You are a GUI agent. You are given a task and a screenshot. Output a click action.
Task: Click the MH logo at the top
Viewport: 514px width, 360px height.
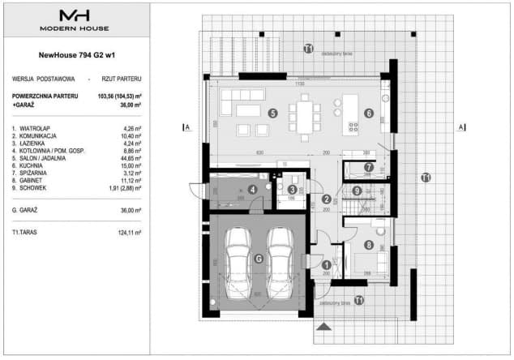(75, 16)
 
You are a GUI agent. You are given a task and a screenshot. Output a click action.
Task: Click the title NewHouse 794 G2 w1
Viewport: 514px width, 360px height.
(75, 56)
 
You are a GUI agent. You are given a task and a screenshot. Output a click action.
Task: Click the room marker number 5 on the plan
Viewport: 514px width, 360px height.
(273, 114)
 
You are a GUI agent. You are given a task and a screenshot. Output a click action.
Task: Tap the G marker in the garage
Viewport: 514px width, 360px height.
(259, 259)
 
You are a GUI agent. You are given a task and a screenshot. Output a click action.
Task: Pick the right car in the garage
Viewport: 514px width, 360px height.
(281, 259)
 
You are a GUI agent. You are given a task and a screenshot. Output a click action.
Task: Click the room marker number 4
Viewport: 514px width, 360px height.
(253, 190)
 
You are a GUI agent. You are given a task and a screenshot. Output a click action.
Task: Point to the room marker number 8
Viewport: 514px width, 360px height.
(369, 245)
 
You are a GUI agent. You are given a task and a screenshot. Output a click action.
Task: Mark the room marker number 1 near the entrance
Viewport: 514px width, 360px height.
(326, 264)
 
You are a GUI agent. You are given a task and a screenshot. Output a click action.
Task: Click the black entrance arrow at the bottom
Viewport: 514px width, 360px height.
(324, 327)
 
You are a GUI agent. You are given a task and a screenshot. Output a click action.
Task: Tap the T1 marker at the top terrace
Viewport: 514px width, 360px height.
(308, 49)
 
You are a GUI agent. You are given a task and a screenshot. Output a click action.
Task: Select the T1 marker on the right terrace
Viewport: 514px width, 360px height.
(425, 177)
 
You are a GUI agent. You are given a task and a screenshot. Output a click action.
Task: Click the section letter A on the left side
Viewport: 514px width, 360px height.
(186, 127)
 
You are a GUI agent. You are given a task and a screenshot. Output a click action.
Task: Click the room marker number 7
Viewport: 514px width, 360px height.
(369, 168)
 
